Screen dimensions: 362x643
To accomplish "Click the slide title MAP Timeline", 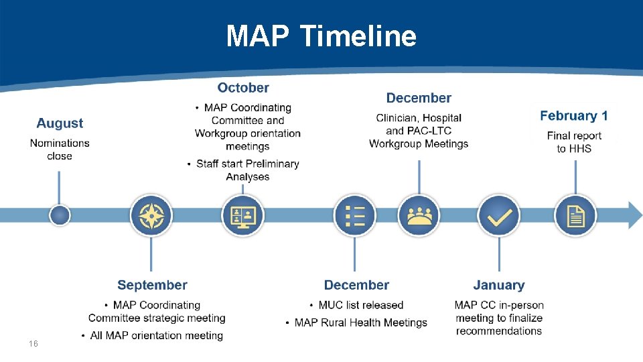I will (321, 36).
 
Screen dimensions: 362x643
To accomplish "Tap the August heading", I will (60, 123).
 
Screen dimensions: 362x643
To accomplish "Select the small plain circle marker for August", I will (60, 215).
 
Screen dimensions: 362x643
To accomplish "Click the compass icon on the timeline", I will (151, 216).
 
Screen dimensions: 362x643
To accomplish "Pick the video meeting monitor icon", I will (242, 216).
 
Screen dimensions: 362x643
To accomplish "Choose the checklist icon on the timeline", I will (354, 216).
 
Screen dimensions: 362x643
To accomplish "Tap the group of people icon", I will (419, 216).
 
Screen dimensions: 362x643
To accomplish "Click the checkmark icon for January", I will (499, 216).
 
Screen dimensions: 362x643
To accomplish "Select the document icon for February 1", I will (575, 216).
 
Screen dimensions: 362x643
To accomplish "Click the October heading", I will (243, 88).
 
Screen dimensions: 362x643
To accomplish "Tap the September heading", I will (152, 286).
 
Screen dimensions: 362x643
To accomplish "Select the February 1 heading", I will (574, 116).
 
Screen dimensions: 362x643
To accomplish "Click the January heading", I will (499, 286).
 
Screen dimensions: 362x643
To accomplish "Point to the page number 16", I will (33, 344).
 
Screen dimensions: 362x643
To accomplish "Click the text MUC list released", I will (361, 305).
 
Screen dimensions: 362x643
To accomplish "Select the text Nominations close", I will (60, 149).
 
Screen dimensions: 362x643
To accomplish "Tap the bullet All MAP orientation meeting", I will (157, 335).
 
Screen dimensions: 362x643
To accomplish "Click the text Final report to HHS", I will (574, 142).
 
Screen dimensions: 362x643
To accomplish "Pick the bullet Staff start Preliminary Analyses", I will (247, 170).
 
